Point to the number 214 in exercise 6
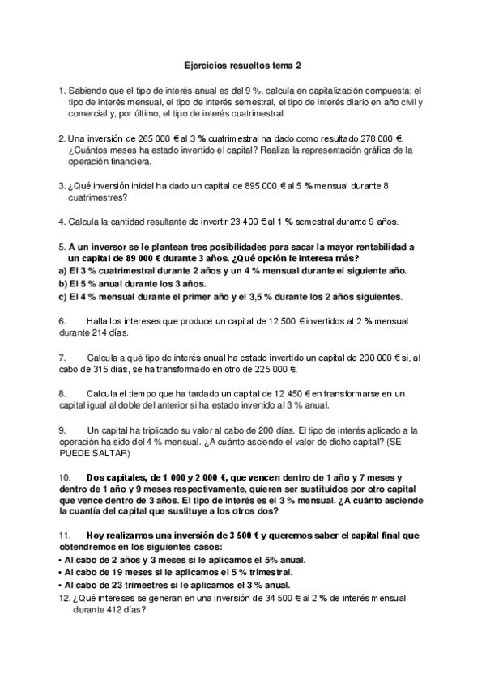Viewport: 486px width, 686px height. [x=100, y=332]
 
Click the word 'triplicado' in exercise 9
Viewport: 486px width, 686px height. [x=156, y=430]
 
